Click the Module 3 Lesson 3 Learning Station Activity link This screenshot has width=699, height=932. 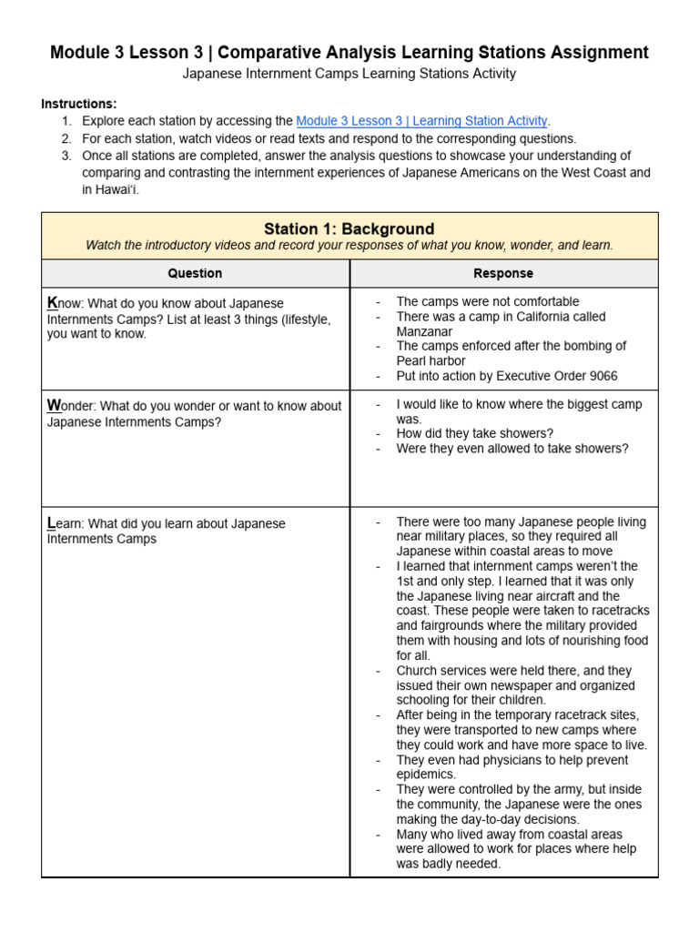click(x=422, y=120)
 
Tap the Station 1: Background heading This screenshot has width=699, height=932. click(x=349, y=229)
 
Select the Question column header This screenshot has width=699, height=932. click(x=195, y=273)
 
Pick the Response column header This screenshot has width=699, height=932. click(x=503, y=273)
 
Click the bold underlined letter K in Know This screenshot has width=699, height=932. click(x=52, y=303)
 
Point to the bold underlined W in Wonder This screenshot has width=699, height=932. click(x=54, y=405)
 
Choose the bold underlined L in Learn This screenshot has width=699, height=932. click(x=51, y=523)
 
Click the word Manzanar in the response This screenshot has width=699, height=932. click(x=424, y=331)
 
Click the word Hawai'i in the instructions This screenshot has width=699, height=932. click(x=110, y=189)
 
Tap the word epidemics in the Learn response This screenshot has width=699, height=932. click(x=426, y=775)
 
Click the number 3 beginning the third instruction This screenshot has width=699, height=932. click(x=66, y=156)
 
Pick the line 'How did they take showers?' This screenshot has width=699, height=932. click(x=474, y=433)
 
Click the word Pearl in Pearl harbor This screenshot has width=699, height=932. click(x=414, y=360)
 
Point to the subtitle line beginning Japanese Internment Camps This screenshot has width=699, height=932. click(x=349, y=74)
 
